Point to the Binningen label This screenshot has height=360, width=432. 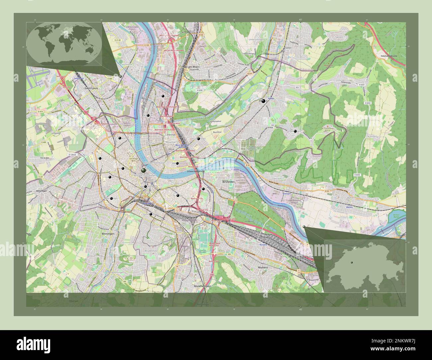[x=106, y=234]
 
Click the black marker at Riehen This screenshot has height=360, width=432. [x=264, y=101]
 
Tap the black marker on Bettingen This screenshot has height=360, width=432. [x=295, y=132]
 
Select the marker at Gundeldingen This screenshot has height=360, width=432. [x=151, y=215]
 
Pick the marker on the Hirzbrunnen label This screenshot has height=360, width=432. [x=198, y=138]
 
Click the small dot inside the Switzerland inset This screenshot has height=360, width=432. [x=351, y=262]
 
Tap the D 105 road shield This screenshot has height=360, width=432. [x=147, y=45]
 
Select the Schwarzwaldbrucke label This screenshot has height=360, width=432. [x=198, y=171]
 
